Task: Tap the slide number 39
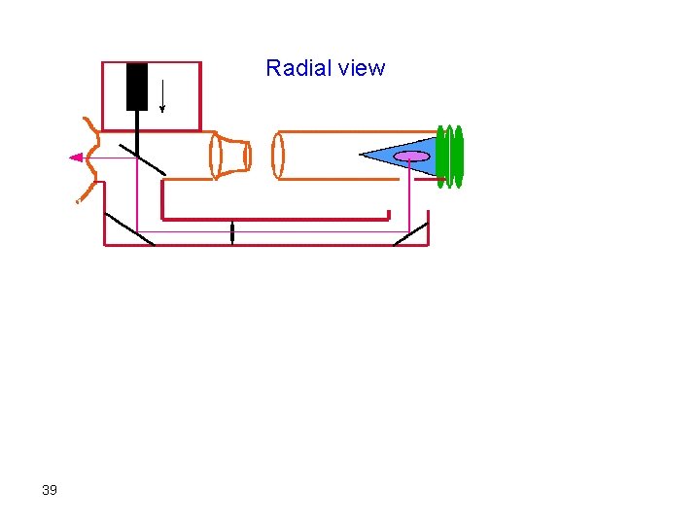click(x=50, y=490)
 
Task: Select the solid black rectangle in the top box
click(x=137, y=86)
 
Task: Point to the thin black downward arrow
click(x=161, y=94)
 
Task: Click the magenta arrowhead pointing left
click(x=76, y=157)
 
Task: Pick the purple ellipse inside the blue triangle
click(x=412, y=156)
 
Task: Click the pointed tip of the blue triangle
click(x=363, y=154)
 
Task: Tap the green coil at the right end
click(x=449, y=156)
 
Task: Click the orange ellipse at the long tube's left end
click(x=278, y=156)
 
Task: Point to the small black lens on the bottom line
click(x=231, y=232)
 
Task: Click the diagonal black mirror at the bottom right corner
click(x=410, y=233)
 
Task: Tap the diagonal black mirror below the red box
click(x=142, y=160)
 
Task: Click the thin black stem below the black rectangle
click(x=137, y=126)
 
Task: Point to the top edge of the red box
click(x=151, y=62)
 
